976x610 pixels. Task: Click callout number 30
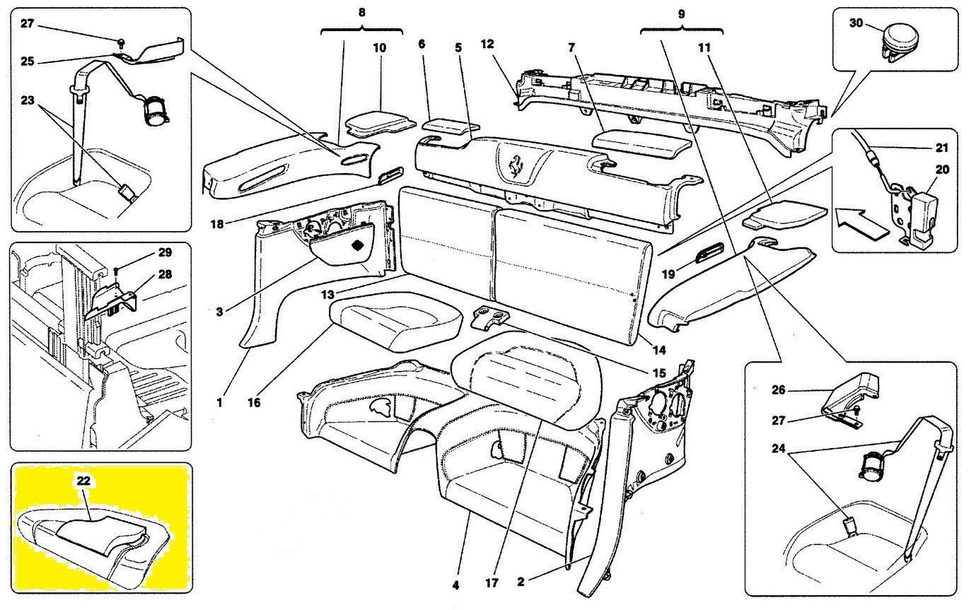tap(856, 23)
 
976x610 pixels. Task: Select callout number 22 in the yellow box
tap(83, 481)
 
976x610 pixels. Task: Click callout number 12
tap(487, 44)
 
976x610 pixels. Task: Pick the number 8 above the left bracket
tap(361, 12)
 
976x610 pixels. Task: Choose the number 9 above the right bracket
tap(681, 14)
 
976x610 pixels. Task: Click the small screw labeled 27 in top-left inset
tap(122, 42)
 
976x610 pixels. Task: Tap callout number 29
tap(165, 252)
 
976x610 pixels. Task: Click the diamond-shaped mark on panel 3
tap(357, 245)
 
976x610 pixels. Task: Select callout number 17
tap(492, 582)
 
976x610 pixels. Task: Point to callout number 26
tap(778, 389)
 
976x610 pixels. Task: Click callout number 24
tap(778, 448)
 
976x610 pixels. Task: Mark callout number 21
tap(941, 148)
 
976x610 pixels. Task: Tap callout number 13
tap(327, 295)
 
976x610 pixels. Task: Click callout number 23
tap(27, 100)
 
